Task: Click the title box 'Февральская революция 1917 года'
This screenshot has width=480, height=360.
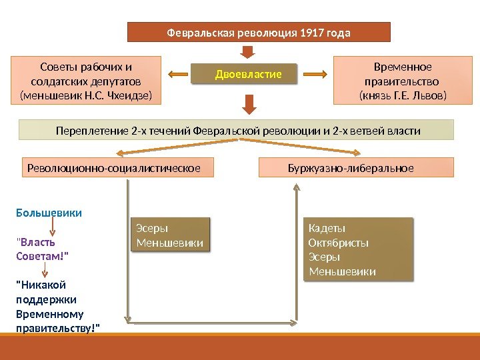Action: [258, 32]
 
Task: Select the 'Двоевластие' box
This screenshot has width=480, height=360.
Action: [248, 73]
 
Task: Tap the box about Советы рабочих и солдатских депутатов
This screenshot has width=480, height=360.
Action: [87, 81]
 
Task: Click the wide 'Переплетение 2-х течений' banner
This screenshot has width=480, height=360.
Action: [237, 131]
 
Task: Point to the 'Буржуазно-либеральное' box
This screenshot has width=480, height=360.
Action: [355, 167]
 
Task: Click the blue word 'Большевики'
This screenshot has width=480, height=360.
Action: [49, 213]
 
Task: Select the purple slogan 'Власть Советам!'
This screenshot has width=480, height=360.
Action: [41, 249]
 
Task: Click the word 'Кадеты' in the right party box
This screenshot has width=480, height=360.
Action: [323, 229]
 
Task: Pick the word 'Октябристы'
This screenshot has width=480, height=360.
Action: [339, 243]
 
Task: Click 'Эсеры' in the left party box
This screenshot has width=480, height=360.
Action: [152, 229]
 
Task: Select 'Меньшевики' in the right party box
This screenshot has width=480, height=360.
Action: [342, 271]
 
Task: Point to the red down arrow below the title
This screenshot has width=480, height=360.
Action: [247, 53]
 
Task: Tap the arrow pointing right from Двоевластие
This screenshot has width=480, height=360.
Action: [319, 73]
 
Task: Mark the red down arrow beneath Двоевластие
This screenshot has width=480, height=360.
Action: [249, 103]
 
